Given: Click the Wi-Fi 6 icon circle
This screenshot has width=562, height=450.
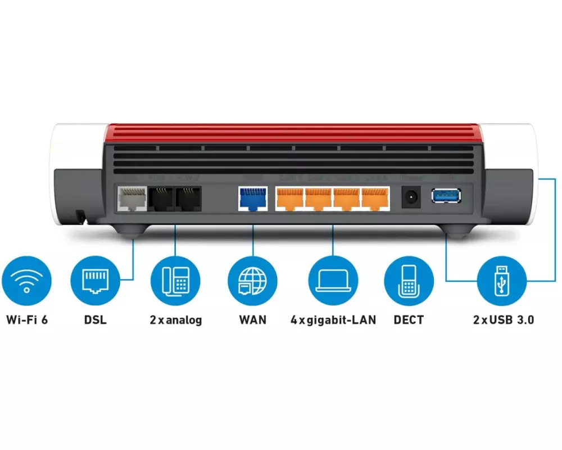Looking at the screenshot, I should click(26, 280).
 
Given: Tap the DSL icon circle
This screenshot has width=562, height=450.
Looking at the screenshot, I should click(95, 280).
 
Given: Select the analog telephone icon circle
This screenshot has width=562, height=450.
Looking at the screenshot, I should click(175, 280).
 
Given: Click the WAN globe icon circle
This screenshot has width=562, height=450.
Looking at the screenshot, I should click(252, 280).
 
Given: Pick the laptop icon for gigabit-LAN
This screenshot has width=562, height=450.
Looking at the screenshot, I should click(333, 280).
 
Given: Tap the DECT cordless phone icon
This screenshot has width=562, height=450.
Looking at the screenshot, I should click(409, 280).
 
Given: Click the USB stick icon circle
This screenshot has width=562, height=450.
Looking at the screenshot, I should click(501, 280).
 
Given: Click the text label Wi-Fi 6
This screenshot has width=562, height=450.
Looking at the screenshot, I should click(27, 320).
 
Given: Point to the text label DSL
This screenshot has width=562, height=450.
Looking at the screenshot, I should click(95, 320).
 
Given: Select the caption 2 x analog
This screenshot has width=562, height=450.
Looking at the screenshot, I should click(175, 320).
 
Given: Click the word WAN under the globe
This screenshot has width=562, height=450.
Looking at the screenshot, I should click(252, 320).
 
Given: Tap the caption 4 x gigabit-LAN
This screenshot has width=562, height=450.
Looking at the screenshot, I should click(333, 320).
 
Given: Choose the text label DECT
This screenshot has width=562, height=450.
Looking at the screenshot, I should click(409, 320).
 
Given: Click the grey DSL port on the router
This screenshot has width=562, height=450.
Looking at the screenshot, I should click(131, 199).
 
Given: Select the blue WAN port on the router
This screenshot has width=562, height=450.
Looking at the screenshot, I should click(253, 199).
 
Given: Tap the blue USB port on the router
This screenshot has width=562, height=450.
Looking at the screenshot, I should click(446, 196).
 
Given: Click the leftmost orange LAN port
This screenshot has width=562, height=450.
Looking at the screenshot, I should click(289, 199).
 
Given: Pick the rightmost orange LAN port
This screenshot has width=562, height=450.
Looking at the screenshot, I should click(374, 199).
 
